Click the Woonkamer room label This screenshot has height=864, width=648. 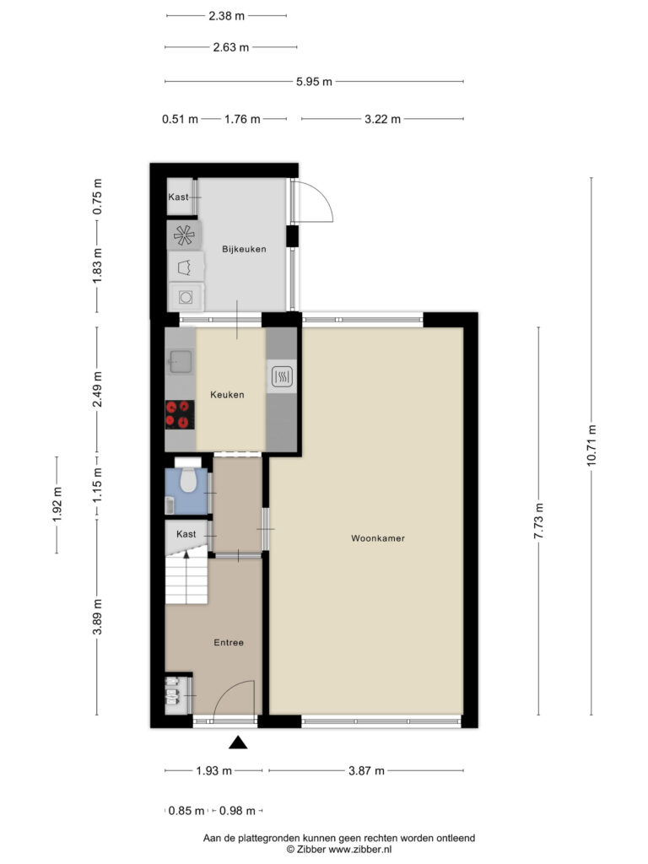click(x=378, y=538)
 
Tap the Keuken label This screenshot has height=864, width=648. click(x=227, y=395)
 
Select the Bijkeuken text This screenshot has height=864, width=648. click(x=244, y=249)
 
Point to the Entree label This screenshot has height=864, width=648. click(x=229, y=642)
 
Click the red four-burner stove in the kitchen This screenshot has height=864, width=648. click(x=180, y=415)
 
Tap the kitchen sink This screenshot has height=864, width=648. click(x=181, y=361)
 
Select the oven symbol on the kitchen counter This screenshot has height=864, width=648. click(x=282, y=377)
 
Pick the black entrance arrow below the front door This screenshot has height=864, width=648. click(x=238, y=742)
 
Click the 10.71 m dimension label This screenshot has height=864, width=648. click(x=591, y=445)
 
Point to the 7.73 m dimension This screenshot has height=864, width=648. click(x=538, y=521)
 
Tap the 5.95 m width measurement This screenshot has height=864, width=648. click(x=314, y=82)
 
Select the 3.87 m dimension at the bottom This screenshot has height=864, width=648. click(x=366, y=771)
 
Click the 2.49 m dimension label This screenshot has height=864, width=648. click(x=97, y=389)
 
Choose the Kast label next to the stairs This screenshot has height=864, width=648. click(x=186, y=534)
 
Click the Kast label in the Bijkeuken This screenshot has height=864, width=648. click(x=178, y=197)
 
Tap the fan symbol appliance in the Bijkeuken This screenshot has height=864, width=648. click(x=184, y=236)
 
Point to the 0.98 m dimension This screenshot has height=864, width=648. click(x=237, y=811)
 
